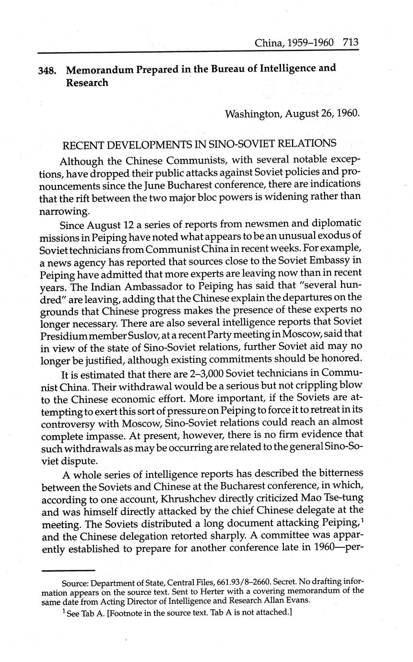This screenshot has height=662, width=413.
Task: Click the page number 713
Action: point(351,42)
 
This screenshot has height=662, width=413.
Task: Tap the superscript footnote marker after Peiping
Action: point(361,520)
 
